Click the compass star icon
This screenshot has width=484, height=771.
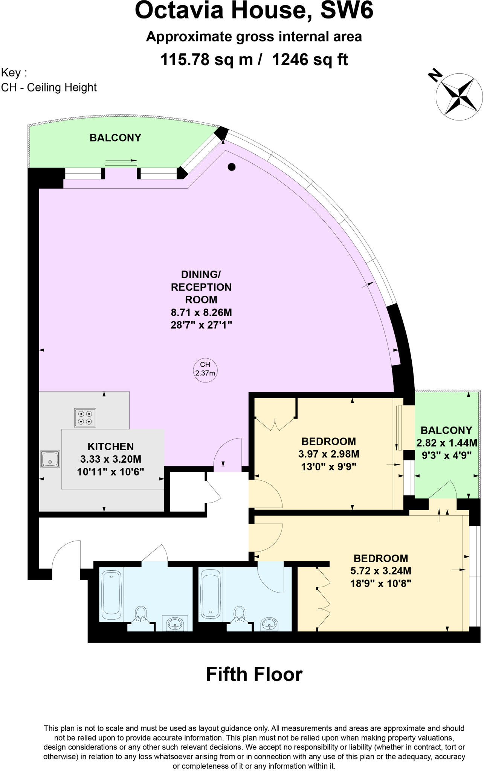click(x=459, y=96)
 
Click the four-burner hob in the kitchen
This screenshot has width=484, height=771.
click(x=85, y=417)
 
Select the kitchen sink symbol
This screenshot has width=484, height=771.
click(x=50, y=459)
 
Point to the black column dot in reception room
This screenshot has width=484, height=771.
click(x=232, y=167)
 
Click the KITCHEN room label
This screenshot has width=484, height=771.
click(x=110, y=446)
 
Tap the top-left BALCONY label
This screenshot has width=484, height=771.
click(x=115, y=138)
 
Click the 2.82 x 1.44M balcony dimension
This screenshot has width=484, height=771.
click(x=446, y=443)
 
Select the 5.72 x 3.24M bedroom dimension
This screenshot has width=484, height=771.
click(x=380, y=571)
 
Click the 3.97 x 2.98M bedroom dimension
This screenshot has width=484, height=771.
click(x=328, y=454)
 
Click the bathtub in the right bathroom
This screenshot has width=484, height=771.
click(x=211, y=594)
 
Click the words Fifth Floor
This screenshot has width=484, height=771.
click(x=254, y=675)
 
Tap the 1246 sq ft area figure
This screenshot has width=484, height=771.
click(x=310, y=59)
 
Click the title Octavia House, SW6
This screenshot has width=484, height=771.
click(x=254, y=11)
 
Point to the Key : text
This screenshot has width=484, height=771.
click(x=14, y=72)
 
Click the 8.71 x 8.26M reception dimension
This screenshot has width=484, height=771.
click(x=201, y=312)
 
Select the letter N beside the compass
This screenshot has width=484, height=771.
click(x=435, y=75)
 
